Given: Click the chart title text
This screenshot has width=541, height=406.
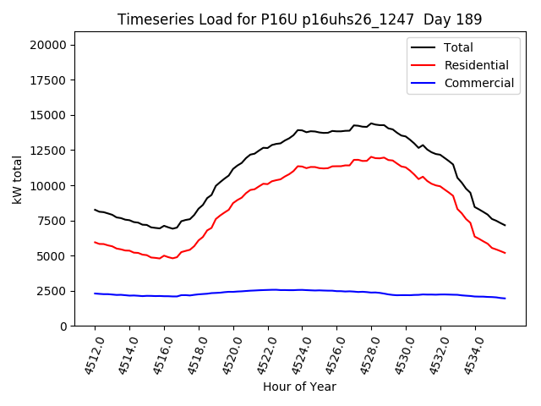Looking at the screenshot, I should click(x=298, y=19).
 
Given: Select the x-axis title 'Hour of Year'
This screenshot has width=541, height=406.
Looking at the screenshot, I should click(x=299, y=387).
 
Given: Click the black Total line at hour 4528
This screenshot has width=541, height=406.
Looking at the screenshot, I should click(x=371, y=123).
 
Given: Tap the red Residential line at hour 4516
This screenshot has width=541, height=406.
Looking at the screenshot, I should click(x=164, y=255).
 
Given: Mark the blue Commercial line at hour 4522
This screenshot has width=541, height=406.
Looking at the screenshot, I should click(x=268, y=289).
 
